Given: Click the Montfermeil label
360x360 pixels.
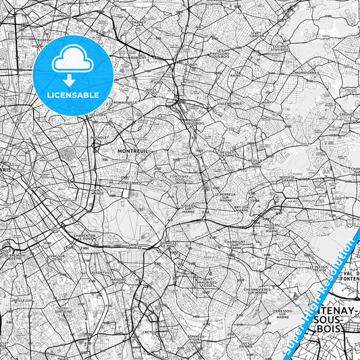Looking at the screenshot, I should (305, 72).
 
